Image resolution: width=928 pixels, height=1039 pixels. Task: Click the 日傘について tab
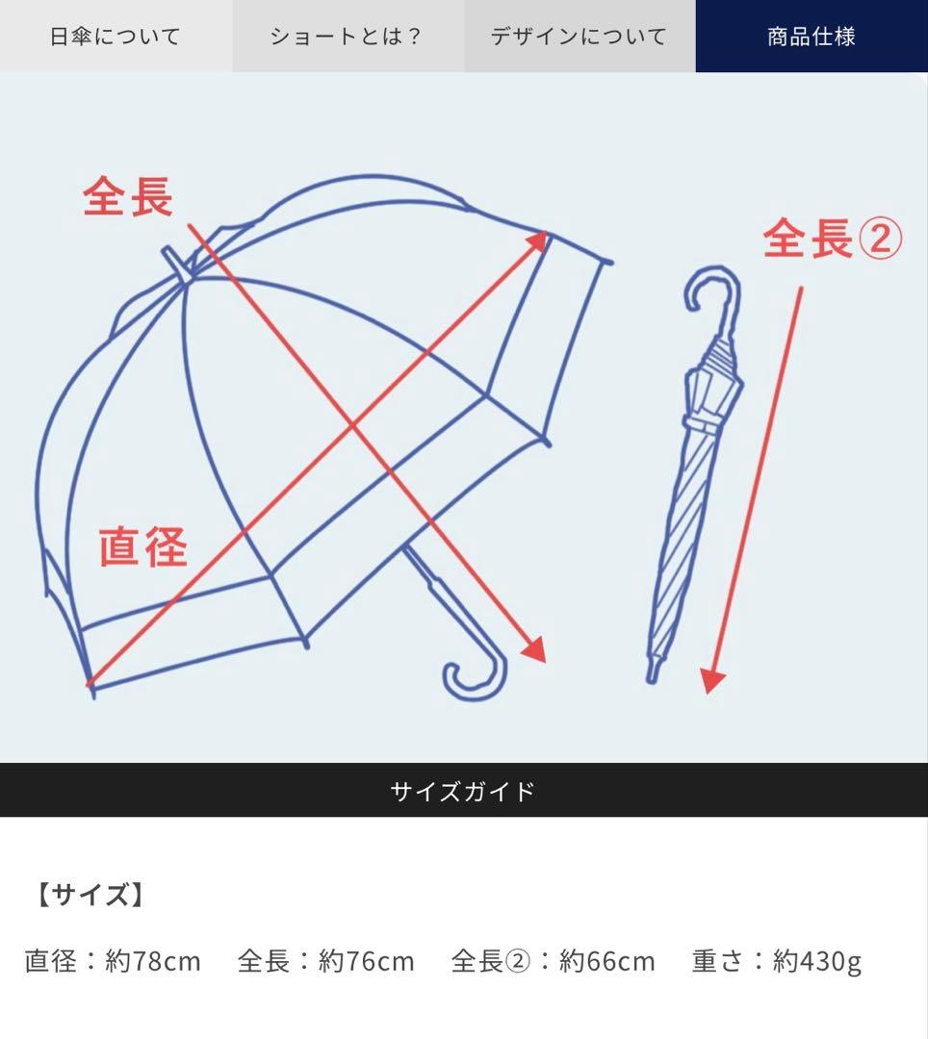(x=116, y=37)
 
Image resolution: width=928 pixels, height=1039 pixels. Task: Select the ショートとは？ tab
(x=347, y=37)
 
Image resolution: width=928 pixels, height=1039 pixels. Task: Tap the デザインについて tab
(x=579, y=37)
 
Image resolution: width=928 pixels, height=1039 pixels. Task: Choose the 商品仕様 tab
(x=812, y=37)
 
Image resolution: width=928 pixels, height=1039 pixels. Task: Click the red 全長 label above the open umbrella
(x=128, y=196)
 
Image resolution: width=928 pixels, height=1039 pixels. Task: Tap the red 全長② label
(x=833, y=238)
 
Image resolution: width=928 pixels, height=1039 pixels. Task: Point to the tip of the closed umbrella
(x=653, y=673)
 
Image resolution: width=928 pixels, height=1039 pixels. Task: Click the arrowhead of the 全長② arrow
(x=711, y=681)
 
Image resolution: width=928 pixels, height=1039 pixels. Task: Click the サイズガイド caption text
(x=463, y=792)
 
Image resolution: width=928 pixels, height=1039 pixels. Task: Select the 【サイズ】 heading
(x=88, y=896)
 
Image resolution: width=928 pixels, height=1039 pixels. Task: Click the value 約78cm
(x=153, y=961)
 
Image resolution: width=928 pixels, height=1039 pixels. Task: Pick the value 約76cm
(x=367, y=961)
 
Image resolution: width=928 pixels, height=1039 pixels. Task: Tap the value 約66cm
(x=607, y=961)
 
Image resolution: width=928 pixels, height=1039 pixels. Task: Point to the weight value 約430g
(x=817, y=961)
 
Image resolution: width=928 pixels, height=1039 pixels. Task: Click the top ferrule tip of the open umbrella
(x=170, y=256)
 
